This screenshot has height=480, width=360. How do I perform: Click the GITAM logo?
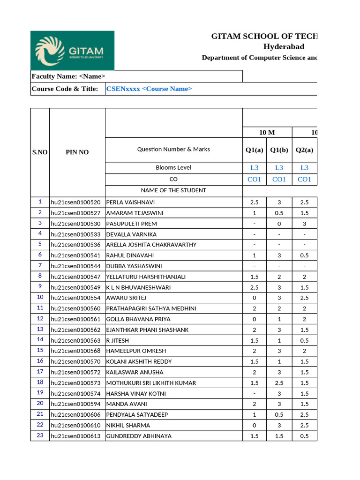click(72, 51)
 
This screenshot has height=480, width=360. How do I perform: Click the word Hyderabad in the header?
click(284, 46)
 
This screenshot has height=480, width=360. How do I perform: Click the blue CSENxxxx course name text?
click(149, 89)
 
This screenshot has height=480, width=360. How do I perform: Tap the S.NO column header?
click(40, 152)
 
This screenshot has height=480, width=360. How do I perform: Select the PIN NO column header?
click(77, 152)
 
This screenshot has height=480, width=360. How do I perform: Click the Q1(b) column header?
click(279, 150)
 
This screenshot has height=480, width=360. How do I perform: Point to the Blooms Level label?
click(173, 168)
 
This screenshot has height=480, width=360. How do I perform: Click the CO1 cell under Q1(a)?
click(254, 180)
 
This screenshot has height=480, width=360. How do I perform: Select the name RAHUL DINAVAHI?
click(130, 255)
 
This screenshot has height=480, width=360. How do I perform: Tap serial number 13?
click(40, 329)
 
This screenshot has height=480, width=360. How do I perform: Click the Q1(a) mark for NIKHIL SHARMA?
click(254, 426)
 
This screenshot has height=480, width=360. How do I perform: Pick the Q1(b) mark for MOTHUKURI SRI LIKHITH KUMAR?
click(279, 383)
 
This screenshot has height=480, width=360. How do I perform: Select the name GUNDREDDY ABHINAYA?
click(139, 436)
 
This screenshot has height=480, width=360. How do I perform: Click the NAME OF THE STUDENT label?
click(173, 190)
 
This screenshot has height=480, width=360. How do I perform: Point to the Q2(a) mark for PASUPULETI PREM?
click(304, 224)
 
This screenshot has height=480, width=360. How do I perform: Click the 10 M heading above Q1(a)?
click(267, 133)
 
